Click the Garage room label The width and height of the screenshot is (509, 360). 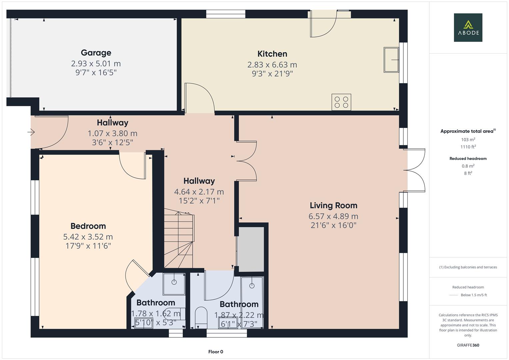click(x=96, y=53)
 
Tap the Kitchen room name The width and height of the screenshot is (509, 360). click(x=272, y=54)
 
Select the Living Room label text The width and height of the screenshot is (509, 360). click(x=333, y=205)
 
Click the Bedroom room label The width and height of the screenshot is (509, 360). click(x=88, y=226)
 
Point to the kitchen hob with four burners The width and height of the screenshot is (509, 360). click(x=341, y=102)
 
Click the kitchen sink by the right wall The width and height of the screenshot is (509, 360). click(x=391, y=60)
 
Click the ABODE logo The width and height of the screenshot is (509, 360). click(x=468, y=28)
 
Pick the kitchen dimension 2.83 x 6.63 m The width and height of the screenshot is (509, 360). click(x=272, y=65)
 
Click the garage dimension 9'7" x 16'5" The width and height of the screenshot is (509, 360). click(x=96, y=72)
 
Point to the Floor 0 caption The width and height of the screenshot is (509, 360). click(x=216, y=352)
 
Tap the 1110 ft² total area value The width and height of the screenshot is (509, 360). click(x=468, y=147)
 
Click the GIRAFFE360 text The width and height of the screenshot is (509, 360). click(x=468, y=345)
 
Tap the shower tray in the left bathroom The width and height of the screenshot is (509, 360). click(x=174, y=284)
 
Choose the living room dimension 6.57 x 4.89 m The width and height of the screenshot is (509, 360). click(x=333, y=216)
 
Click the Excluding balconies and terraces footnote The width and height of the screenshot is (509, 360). click(x=468, y=267)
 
